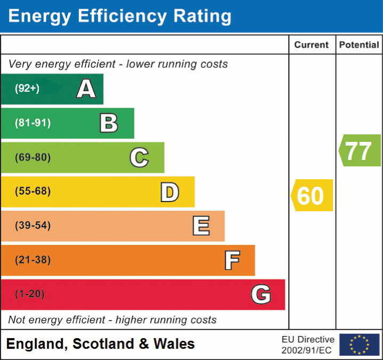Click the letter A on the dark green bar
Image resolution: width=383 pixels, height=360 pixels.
click(x=86, y=89)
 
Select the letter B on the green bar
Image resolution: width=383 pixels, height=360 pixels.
click(x=109, y=123)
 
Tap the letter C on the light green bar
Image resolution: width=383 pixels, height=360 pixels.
click(x=139, y=157)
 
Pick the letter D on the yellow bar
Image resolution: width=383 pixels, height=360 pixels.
click(x=169, y=192)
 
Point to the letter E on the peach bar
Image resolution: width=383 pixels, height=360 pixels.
click(x=201, y=226)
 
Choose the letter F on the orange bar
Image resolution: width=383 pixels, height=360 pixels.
click(x=231, y=260)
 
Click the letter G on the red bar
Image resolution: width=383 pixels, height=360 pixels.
click(x=261, y=294)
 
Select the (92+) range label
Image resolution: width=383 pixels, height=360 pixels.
click(x=27, y=89)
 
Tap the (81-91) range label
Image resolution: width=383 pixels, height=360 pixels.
click(x=32, y=123)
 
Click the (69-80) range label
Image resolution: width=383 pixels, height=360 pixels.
click(x=32, y=157)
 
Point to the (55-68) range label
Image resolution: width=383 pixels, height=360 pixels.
click(x=32, y=191)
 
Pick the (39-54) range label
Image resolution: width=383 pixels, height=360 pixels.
click(x=32, y=226)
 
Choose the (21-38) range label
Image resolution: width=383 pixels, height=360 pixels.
click(x=32, y=260)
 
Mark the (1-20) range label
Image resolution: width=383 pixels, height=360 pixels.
click(x=30, y=294)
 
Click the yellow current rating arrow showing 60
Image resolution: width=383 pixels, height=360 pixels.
click(x=312, y=195)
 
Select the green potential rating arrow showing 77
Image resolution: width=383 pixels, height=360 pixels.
click(x=360, y=150)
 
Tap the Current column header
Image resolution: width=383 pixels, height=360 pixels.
click(x=312, y=45)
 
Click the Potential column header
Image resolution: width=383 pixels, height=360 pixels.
click(x=359, y=45)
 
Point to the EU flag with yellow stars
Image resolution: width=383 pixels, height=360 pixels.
click(x=359, y=345)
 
